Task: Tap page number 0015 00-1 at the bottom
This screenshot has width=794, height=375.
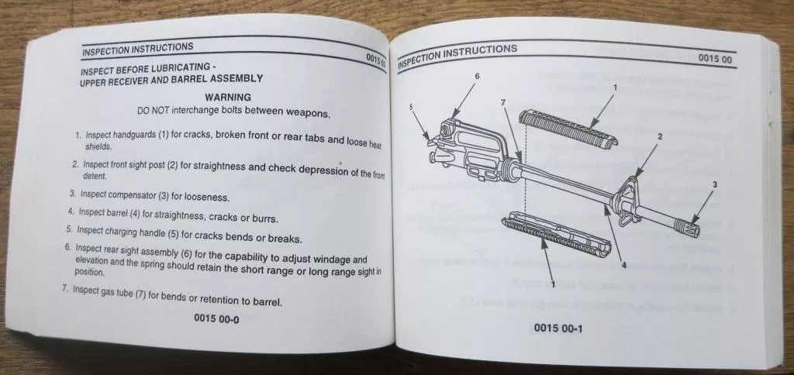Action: click(558, 328)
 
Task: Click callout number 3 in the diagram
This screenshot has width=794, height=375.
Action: click(714, 184)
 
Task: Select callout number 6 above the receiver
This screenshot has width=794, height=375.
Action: click(477, 75)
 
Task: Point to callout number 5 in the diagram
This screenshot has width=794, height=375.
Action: click(411, 107)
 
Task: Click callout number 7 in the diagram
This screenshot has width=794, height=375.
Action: click(502, 102)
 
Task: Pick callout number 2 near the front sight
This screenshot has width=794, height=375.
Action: click(660, 136)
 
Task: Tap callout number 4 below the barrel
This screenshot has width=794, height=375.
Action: click(624, 265)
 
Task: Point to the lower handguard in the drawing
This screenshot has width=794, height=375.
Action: click(557, 234)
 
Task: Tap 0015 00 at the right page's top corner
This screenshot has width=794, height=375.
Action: click(716, 58)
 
